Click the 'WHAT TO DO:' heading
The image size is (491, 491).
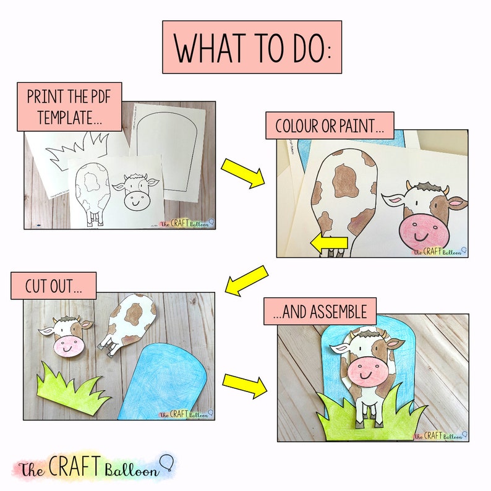252,47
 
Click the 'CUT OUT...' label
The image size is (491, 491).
53,286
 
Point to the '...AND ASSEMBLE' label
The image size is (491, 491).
324,311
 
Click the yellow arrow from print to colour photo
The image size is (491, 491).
242,173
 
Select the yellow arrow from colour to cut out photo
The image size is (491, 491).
247,279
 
